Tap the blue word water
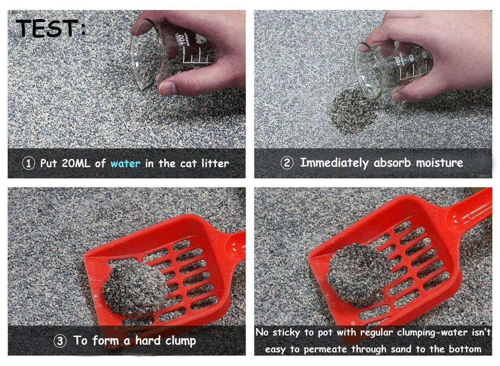pos(125,164)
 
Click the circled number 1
pos(29,163)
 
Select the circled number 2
pos(287,163)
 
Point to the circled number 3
pos(60,341)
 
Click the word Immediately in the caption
pos(334,163)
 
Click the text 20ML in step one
pos(76,163)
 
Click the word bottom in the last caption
pos(465,349)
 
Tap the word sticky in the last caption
pos(286,332)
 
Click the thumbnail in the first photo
pos(167,87)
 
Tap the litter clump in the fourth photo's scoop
pos(359,274)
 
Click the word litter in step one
pos(215,163)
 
